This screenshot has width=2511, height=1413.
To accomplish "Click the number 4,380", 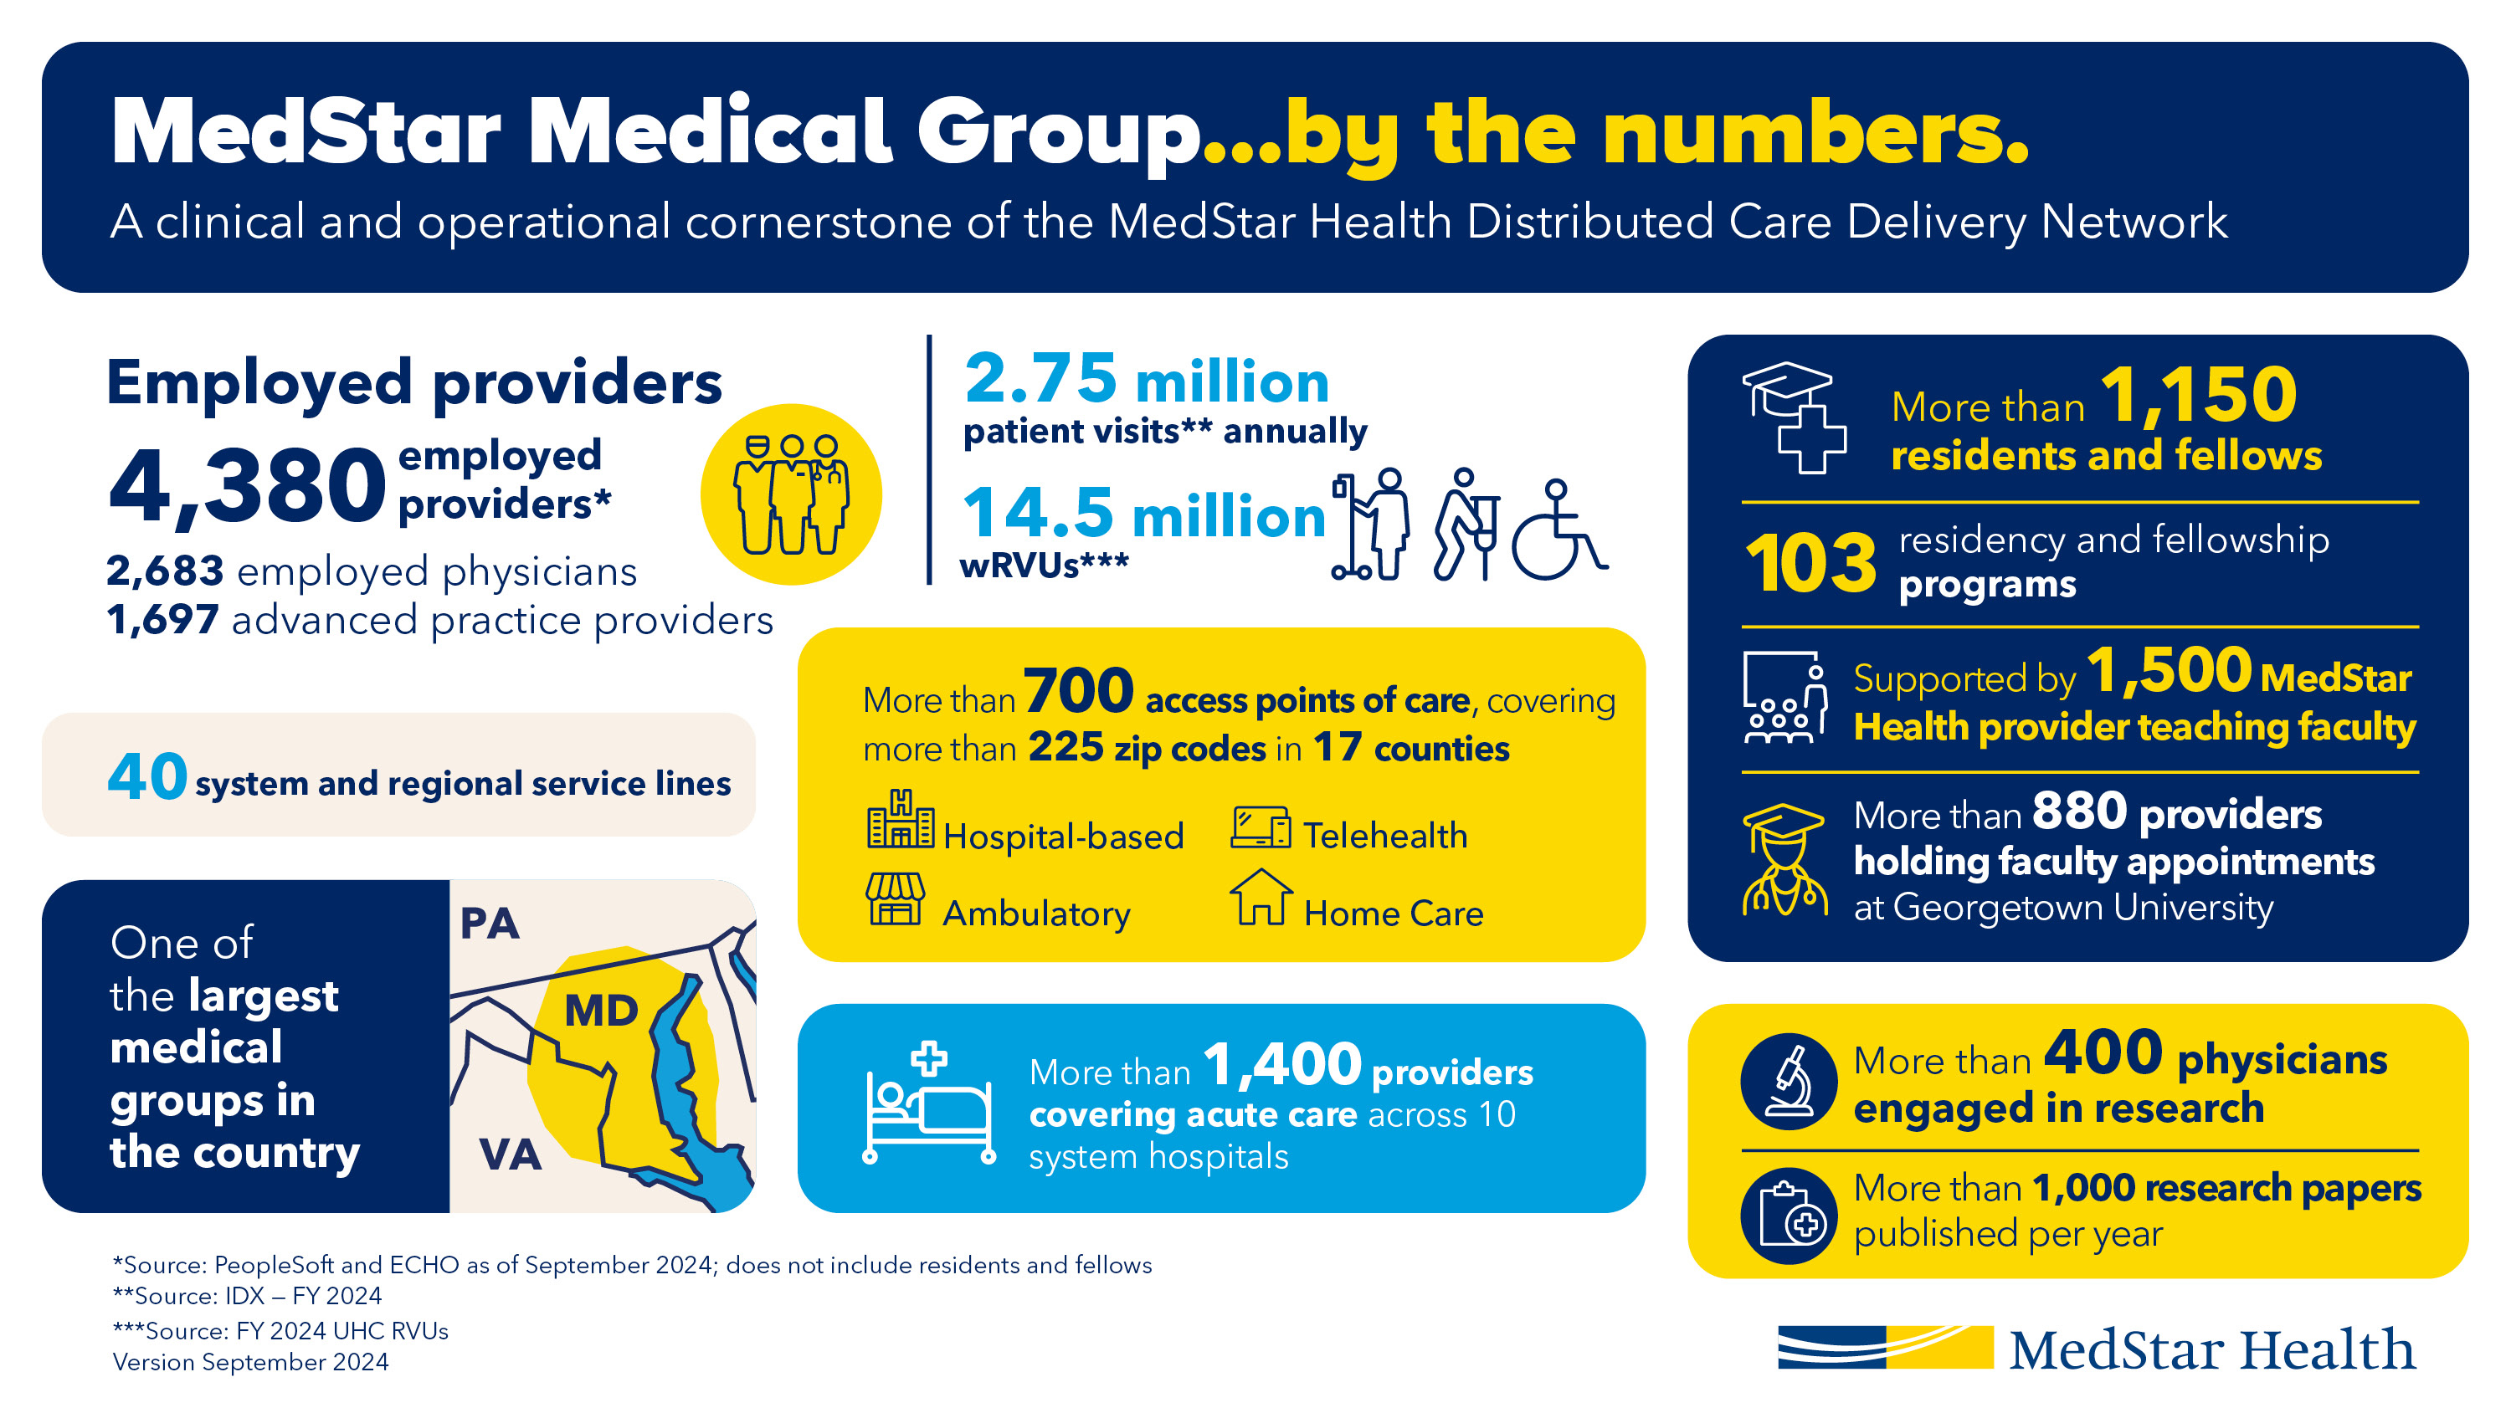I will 248,487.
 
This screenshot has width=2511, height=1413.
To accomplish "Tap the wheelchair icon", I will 1557,531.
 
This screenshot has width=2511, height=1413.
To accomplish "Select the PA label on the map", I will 490,924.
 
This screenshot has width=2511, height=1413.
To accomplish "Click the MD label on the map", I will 602,1011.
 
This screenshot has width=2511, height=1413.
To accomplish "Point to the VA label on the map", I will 510,1154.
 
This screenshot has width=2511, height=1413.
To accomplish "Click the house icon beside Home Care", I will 1261,898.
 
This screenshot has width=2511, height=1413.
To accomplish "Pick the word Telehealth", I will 1384,836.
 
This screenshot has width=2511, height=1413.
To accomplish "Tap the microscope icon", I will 1789,1081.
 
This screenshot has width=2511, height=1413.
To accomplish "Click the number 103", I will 1810,563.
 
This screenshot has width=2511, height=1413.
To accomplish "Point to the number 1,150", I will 2198,396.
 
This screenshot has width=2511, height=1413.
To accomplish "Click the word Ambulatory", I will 1036,914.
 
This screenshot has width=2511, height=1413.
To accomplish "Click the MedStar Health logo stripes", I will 1884,1347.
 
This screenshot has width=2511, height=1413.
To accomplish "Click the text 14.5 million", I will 1143,515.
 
